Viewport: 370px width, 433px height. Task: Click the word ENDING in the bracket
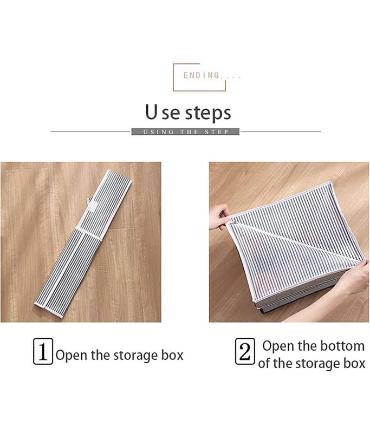(202, 75)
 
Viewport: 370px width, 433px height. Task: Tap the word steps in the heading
(208, 113)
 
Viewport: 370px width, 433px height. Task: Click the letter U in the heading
(151, 111)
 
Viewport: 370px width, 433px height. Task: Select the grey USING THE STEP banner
(185, 132)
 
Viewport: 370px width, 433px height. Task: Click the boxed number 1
(43, 351)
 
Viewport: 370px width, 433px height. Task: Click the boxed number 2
(245, 351)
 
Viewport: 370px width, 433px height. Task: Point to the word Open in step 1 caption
(72, 355)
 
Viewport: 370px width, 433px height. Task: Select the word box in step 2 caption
(354, 363)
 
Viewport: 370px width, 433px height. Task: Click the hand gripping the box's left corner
(220, 218)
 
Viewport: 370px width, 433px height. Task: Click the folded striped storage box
(83, 244)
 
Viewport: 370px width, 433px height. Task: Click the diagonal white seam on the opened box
(295, 242)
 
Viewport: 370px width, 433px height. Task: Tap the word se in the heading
(171, 114)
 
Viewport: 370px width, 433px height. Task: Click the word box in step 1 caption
(172, 355)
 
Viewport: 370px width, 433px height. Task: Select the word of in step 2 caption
(263, 363)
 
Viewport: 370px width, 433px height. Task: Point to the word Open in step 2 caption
(278, 346)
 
